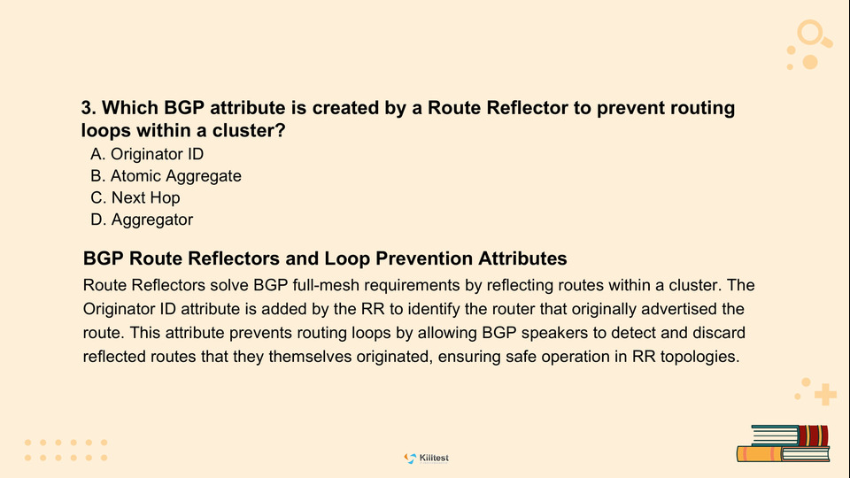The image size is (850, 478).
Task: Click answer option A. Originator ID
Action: [147, 154]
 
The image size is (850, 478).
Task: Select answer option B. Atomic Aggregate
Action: [166, 176]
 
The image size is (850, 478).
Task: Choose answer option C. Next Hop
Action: [135, 197]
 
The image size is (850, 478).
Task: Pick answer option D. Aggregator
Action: [142, 220]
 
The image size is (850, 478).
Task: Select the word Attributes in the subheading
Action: [522, 258]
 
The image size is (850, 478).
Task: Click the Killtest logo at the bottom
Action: [427, 459]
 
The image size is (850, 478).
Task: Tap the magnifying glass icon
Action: [813, 35]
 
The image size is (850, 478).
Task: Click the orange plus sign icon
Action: [825, 395]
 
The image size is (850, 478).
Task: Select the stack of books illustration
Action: [784, 443]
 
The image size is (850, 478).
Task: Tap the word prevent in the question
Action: [630, 108]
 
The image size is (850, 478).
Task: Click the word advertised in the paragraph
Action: [678, 309]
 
